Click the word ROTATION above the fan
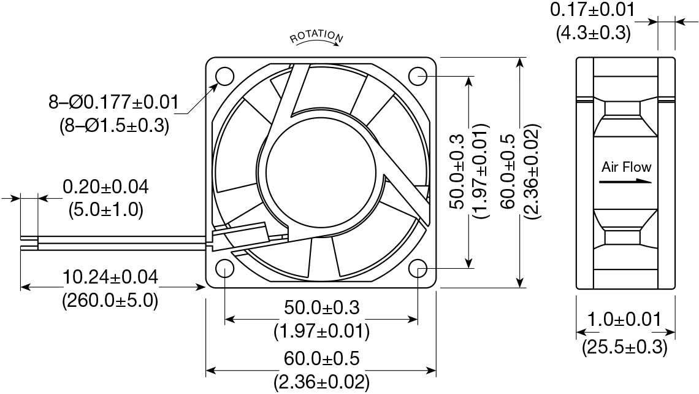point(316,37)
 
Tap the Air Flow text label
point(626,167)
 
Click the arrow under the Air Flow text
point(625,182)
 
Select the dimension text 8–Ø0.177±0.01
point(113,102)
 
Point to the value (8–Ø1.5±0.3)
point(113,126)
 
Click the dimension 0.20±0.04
point(105,187)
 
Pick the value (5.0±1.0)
point(105,210)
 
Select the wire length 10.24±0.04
point(110,277)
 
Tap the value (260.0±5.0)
point(110,300)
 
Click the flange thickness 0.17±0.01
point(592,10)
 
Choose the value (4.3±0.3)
point(592,33)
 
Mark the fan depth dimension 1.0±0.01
point(624,319)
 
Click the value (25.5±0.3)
point(624,347)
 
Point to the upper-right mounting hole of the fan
point(418,77)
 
